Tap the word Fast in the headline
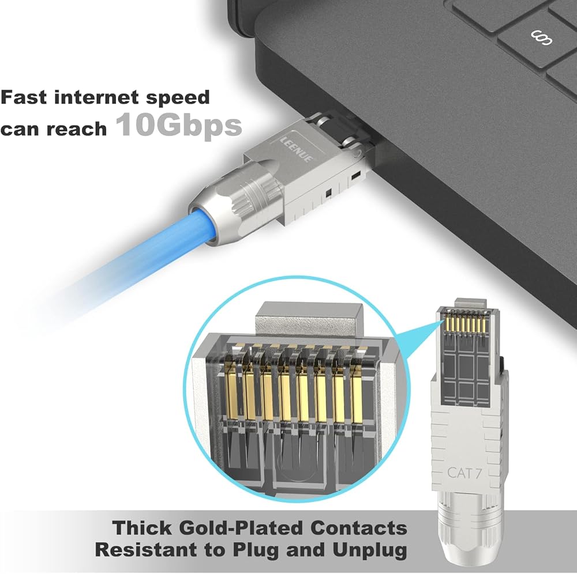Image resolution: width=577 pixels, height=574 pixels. pyautogui.click(x=24, y=97)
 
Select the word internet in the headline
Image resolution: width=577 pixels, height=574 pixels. pyautogui.click(x=96, y=97)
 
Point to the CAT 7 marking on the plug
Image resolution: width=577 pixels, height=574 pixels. pyautogui.click(x=464, y=473)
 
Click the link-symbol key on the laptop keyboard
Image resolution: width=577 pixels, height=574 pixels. pyautogui.click(x=541, y=38)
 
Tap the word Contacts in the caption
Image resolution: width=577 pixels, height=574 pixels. pyautogui.click(x=358, y=528)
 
